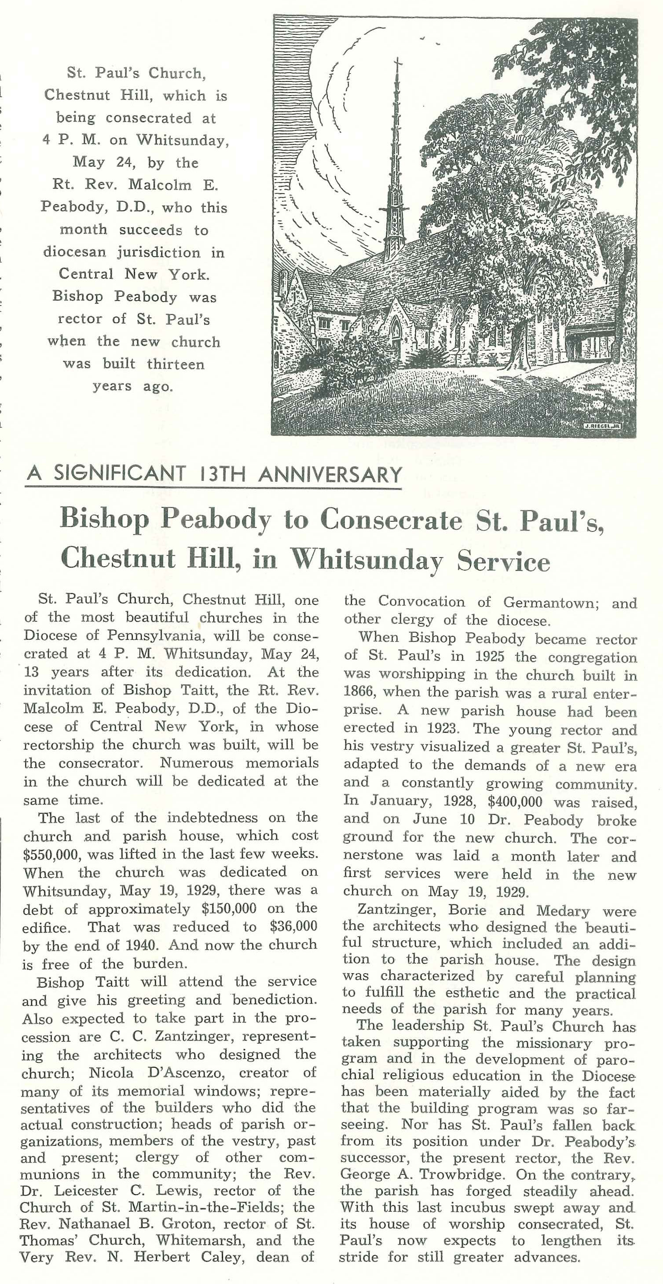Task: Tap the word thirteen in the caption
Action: [x=176, y=364]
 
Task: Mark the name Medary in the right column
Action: [x=563, y=910]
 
